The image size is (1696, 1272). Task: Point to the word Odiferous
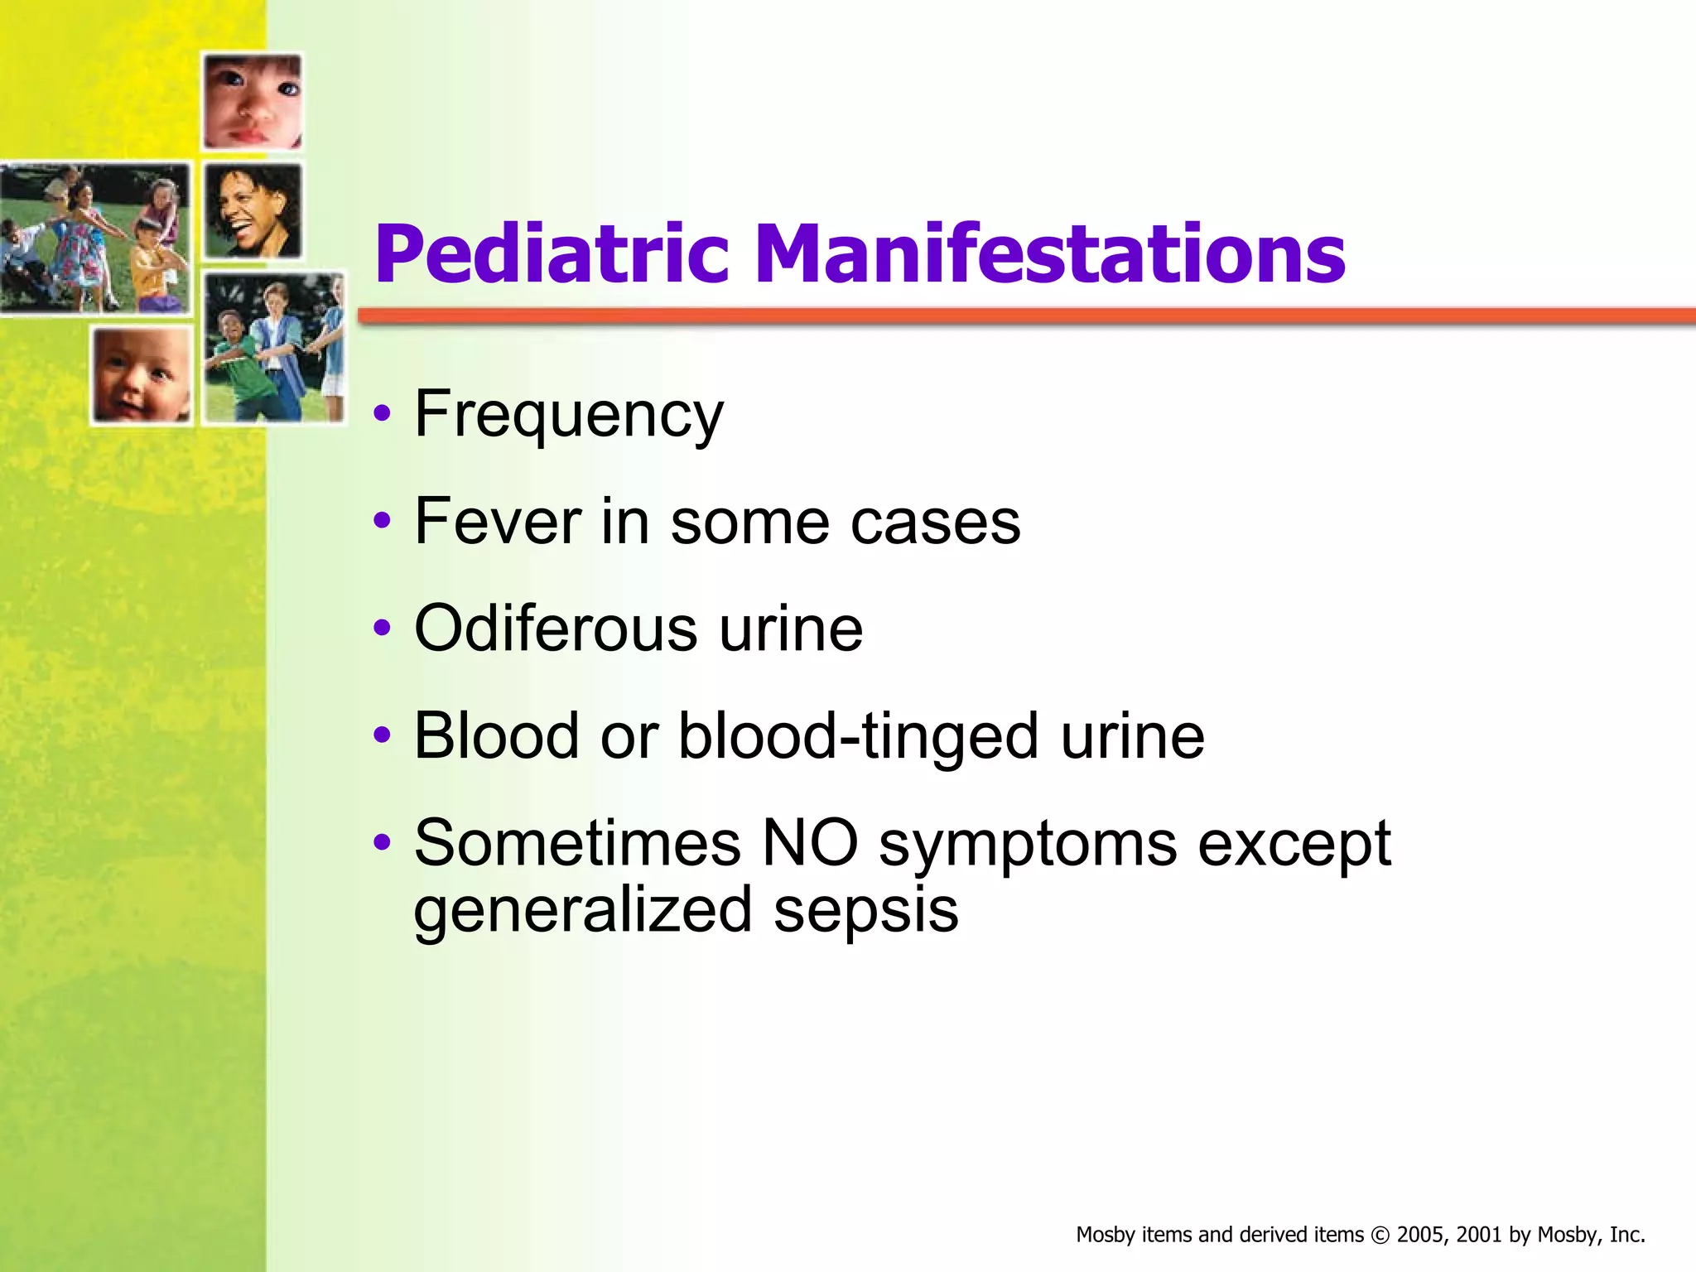555,629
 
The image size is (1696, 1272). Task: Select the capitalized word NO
809,844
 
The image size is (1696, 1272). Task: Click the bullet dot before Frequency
381,413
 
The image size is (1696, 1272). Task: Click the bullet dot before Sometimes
381,842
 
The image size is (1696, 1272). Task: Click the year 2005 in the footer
1419,1235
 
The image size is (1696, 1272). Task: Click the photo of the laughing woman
253,210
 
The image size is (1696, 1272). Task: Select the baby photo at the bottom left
141,375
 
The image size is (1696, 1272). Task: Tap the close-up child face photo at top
253,100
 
